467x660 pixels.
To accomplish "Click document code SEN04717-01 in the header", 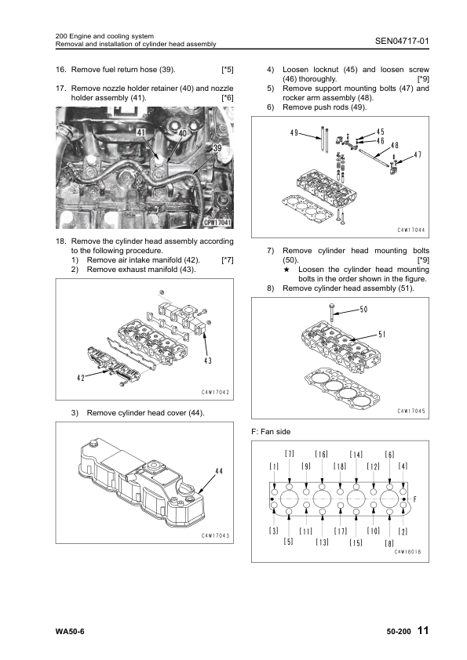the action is click(x=402, y=41).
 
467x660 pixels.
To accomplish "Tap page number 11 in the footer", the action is click(x=423, y=630).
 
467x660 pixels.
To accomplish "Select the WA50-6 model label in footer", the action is click(x=70, y=631).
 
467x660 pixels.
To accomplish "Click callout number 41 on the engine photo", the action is click(x=140, y=132).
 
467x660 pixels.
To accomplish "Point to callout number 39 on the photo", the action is click(x=217, y=147).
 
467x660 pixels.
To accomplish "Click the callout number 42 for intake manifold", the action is click(x=81, y=378).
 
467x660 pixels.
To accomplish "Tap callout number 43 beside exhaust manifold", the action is click(x=208, y=361).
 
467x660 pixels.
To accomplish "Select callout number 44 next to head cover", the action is click(x=219, y=471).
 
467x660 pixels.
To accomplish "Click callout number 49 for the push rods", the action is click(x=294, y=133).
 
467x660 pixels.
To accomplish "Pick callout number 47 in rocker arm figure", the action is click(x=418, y=154).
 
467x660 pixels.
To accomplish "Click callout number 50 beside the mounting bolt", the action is click(x=363, y=310).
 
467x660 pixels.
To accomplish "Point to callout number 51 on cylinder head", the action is click(x=382, y=334).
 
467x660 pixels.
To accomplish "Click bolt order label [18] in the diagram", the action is click(x=340, y=466).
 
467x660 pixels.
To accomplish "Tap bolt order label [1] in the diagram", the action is click(x=274, y=466).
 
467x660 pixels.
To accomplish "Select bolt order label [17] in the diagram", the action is click(x=341, y=531).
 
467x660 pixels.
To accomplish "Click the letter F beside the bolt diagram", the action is click(x=414, y=499).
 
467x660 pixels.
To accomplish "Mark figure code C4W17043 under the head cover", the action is click(x=215, y=535).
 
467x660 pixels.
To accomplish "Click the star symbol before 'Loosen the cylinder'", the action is click(x=286, y=270).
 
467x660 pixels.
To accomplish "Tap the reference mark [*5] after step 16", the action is click(x=228, y=70).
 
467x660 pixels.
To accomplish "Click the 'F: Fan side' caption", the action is click(x=271, y=431).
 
